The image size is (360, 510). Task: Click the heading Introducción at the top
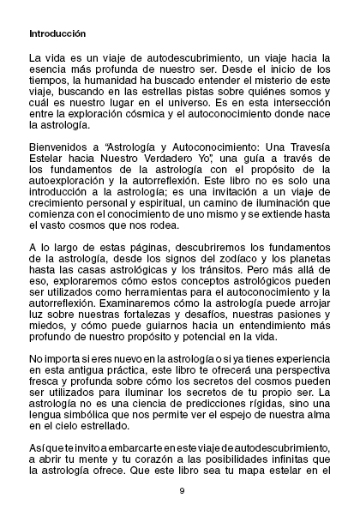pyautogui.click(x=57, y=34)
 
